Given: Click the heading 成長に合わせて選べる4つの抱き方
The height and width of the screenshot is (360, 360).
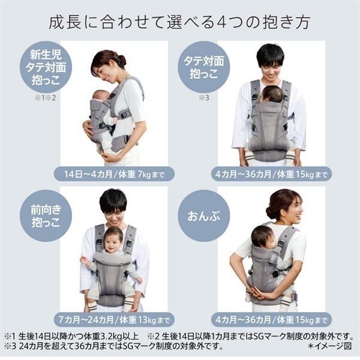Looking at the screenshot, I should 180,23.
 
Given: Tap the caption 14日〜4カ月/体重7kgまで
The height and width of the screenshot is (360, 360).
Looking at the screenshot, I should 113,175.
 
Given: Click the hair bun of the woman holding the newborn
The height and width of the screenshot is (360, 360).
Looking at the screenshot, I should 122,59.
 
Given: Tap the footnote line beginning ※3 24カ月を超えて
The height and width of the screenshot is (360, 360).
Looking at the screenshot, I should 114,346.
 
